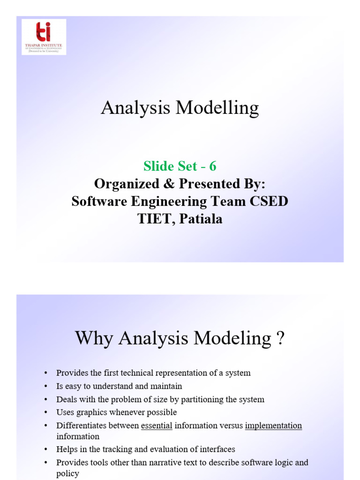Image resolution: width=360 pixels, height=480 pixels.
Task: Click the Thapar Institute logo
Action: [x=44, y=37]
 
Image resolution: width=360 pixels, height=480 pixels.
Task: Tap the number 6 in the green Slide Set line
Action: [x=213, y=166]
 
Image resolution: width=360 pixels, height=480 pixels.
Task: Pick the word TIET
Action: [x=154, y=218]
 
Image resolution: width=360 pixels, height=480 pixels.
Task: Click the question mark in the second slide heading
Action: [x=280, y=338]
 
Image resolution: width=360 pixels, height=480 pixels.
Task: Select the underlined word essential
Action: [x=157, y=426]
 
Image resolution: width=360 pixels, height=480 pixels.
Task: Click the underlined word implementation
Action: [x=273, y=426]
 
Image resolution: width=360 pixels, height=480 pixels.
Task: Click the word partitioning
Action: [x=204, y=399]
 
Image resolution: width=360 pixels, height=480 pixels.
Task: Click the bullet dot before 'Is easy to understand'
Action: [x=45, y=386]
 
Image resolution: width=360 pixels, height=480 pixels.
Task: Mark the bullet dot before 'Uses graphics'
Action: [x=45, y=412]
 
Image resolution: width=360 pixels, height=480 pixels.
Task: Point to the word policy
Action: [x=67, y=473]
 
